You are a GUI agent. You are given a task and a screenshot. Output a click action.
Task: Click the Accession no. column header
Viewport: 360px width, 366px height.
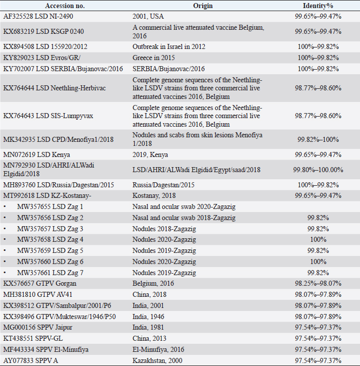[x=64, y=6]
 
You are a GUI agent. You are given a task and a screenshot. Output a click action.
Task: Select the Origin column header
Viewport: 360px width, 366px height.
[x=203, y=6]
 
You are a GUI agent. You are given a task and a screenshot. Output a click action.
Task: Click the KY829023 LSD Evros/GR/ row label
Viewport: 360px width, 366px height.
[x=42, y=57]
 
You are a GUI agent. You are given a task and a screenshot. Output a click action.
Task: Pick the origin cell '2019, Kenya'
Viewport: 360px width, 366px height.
[x=151, y=154]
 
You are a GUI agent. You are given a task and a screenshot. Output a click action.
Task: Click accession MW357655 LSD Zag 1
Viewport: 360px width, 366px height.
[x=50, y=206]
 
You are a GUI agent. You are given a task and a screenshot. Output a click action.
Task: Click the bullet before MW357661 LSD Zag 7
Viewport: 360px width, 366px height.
[x=5, y=273]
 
